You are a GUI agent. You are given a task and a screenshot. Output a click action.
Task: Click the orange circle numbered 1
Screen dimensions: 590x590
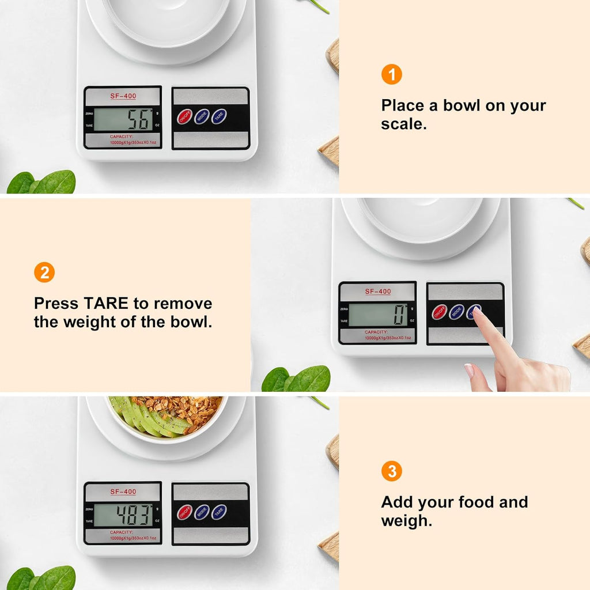point(391,75)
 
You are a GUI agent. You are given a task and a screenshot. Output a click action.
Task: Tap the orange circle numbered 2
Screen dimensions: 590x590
point(44,272)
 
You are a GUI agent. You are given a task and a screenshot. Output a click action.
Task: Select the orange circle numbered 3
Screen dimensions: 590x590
point(391,472)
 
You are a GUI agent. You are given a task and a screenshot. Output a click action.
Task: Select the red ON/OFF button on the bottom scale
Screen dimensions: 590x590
point(184,512)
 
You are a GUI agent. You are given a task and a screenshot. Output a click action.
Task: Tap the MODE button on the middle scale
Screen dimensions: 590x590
point(456,312)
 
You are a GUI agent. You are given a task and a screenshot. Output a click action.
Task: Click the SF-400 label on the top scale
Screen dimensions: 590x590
point(123,96)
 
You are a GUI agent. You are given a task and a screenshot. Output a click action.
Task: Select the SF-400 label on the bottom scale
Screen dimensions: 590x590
point(123,491)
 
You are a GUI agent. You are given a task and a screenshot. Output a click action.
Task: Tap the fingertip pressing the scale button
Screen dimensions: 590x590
point(477,313)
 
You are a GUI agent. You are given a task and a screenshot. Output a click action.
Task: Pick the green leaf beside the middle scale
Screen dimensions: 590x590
point(297,379)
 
